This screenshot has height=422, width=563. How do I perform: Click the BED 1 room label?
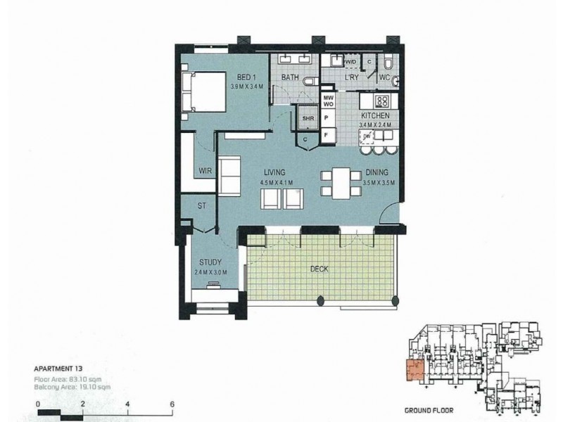pyautogui.click(x=246, y=77)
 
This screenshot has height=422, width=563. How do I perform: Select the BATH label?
pyautogui.click(x=291, y=77)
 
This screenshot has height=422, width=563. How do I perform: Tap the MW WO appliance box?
pyautogui.click(x=328, y=101)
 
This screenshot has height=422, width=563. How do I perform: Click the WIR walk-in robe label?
pyautogui.click(x=205, y=170)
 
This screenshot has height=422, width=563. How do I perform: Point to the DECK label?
pyautogui.click(x=320, y=269)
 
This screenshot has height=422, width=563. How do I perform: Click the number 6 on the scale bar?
pyautogui.click(x=172, y=404)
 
